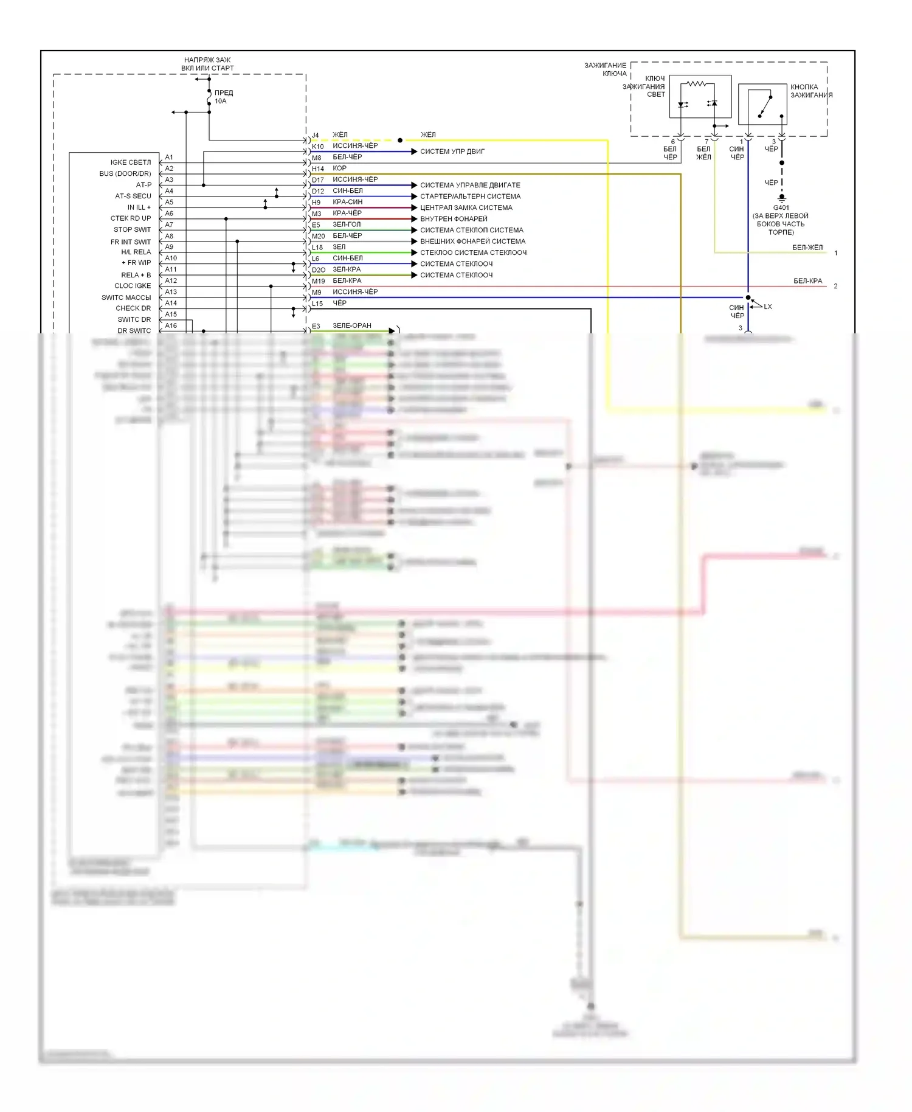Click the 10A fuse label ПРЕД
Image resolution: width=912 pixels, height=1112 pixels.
pyautogui.click(x=224, y=93)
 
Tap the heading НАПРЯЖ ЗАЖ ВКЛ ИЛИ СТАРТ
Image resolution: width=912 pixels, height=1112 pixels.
pyautogui.click(x=207, y=64)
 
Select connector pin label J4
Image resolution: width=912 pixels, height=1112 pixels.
pyautogui.click(x=316, y=135)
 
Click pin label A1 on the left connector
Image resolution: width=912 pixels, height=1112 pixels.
pyautogui.click(x=169, y=158)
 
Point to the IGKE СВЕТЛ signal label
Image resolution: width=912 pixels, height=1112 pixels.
pyautogui.click(x=131, y=162)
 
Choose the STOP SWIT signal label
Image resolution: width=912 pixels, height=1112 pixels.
pyautogui.click(x=132, y=229)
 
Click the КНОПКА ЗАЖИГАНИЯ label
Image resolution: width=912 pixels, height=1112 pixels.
pyautogui.click(x=811, y=91)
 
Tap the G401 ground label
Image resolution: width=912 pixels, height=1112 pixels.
pyautogui.click(x=781, y=207)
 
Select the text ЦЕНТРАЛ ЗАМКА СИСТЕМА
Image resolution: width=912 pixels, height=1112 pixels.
pyautogui.click(x=466, y=207)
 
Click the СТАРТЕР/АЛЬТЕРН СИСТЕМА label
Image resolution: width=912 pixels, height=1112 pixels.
pyautogui.click(x=471, y=196)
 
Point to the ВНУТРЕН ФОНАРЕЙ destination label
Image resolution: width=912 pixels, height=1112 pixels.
pyautogui.click(x=454, y=219)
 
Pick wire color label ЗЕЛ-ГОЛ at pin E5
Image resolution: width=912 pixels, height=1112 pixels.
pyautogui.click(x=347, y=224)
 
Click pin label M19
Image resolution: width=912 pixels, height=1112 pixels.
pyautogui.click(x=319, y=281)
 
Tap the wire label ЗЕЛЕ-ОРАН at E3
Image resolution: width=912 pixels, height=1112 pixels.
pyautogui.click(x=352, y=325)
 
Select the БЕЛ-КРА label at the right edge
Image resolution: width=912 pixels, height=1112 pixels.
pyautogui.click(x=807, y=281)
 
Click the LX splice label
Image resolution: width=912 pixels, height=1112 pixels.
pyautogui.click(x=768, y=307)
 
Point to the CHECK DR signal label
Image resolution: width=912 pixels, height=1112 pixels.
pyautogui.click(x=133, y=308)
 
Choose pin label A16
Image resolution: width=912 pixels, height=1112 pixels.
pyautogui.click(x=171, y=326)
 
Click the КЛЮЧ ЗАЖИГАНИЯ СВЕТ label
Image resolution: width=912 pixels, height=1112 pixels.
pyautogui.click(x=644, y=86)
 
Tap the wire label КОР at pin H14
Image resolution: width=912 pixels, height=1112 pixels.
pyautogui.click(x=339, y=169)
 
